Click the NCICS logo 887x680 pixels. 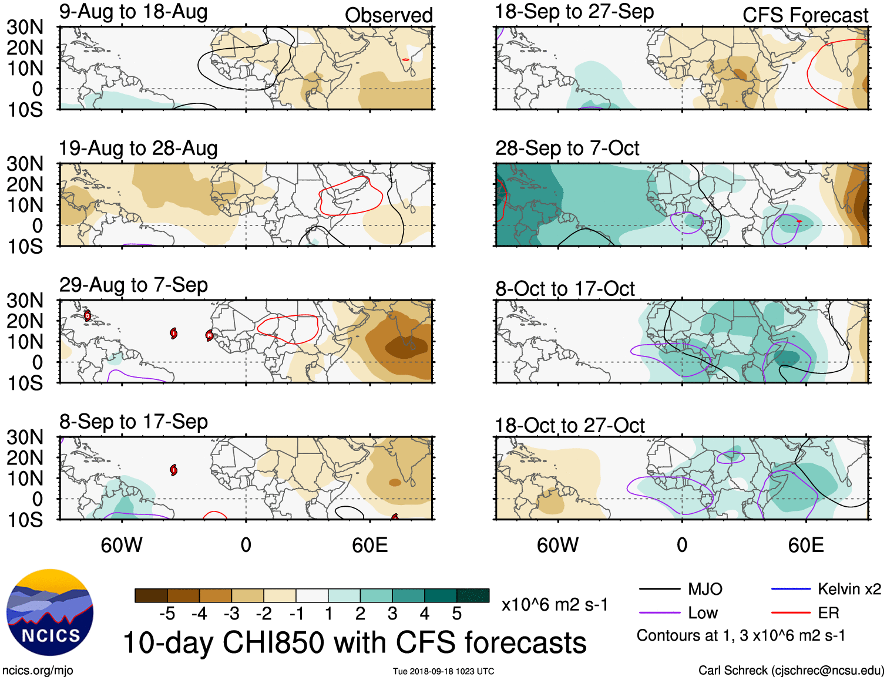point(50,612)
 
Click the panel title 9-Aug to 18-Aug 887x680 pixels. point(133,12)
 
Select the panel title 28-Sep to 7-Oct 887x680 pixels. point(567,148)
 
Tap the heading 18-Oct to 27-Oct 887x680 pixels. point(569,425)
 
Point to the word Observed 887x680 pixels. point(388,15)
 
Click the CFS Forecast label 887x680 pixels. point(805,15)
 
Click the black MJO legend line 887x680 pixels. point(659,589)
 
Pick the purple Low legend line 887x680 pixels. point(659,613)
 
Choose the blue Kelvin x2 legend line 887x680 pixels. point(791,589)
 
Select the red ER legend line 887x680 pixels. point(791,613)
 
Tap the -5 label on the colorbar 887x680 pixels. point(167,614)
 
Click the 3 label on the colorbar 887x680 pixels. point(392,614)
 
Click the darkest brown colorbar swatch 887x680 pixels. point(151,595)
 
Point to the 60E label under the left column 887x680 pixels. point(369,545)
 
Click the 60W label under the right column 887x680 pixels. point(557,545)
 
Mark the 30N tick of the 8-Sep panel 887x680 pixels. point(25,437)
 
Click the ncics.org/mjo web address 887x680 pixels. point(38,671)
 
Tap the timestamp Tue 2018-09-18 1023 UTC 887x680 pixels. point(444,671)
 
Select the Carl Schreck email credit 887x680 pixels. point(791,671)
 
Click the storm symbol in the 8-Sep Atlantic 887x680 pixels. point(173,470)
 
